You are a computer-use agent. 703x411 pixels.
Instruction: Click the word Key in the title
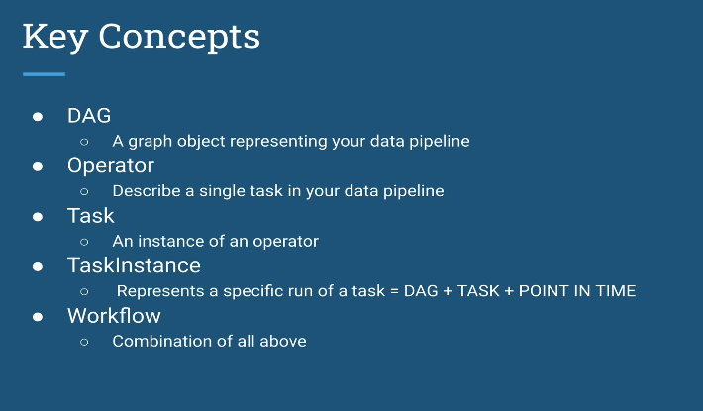54,38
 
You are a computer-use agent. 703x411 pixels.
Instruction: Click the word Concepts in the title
179,38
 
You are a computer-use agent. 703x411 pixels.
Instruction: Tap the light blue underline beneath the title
44,74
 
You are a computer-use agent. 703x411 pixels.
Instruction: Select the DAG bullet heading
89,116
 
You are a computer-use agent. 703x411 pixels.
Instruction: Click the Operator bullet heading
111,166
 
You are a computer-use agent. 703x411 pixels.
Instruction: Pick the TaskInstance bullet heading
134,265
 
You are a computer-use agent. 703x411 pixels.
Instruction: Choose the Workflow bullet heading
114,316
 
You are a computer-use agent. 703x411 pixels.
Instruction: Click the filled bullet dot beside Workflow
38,317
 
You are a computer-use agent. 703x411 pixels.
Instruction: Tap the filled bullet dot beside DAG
38,117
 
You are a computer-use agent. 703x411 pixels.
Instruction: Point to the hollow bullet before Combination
84,342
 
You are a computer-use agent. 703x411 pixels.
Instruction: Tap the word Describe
147,191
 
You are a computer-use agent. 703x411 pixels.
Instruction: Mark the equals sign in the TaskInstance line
394,291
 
